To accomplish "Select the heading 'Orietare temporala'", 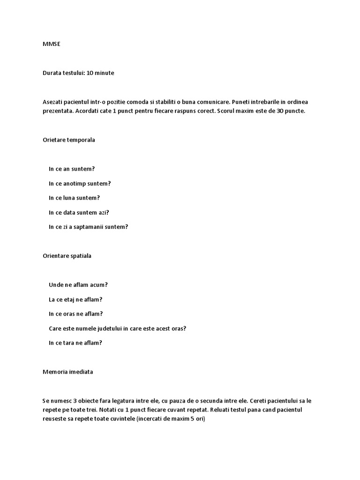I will (x=68, y=140).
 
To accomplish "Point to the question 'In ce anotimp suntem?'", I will (x=80, y=183).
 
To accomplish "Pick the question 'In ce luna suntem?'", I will (x=74, y=198).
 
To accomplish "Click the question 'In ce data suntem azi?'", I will (x=79, y=212).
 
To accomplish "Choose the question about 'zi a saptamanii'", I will (x=88, y=227).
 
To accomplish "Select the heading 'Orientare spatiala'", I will (x=67, y=256).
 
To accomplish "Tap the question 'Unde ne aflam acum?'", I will (x=78, y=285).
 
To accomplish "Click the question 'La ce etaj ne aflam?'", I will (x=75, y=299).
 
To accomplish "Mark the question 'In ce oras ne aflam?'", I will (x=75, y=314).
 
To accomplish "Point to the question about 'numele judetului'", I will (x=117, y=328).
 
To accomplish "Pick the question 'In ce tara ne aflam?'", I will (x=75, y=343).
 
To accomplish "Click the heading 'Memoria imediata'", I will (x=67, y=372).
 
